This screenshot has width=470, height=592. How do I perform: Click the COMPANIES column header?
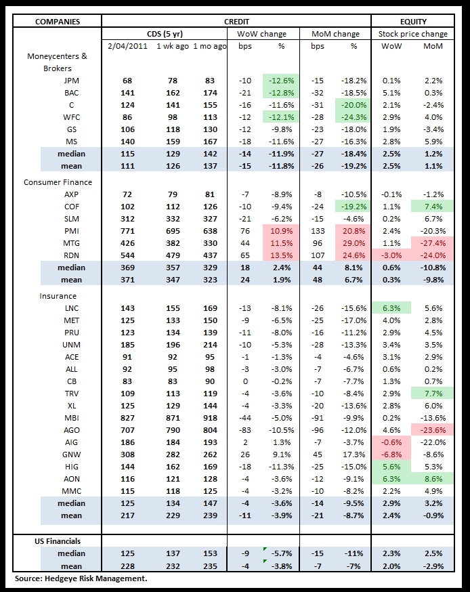[x=58, y=22]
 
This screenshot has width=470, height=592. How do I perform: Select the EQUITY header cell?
[x=413, y=22]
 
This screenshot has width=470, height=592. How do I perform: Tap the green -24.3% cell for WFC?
[x=352, y=117]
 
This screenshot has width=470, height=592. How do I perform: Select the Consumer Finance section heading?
[x=58, y=182]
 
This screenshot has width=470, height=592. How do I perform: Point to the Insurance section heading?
[x=58, y=296]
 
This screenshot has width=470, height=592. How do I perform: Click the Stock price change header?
[x=413, y=33]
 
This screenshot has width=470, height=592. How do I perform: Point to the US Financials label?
[x=58, y=542]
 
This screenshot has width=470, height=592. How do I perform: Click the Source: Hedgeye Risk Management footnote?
[x=81, y=579]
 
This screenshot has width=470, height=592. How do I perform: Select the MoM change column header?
[x=336, y=33]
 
